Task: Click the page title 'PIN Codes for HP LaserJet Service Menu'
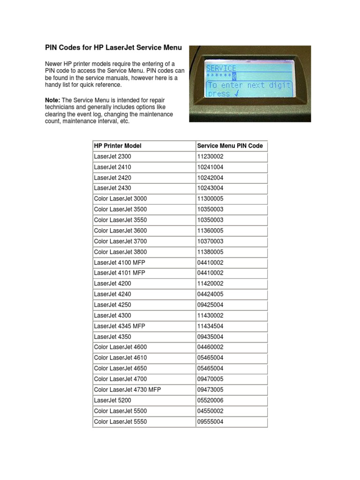pyautogui.click(x=113, y=48)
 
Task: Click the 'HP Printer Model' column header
pyautogui.click(x=118, y=146)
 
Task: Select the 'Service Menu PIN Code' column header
pyautogui.click(x=230, y=146)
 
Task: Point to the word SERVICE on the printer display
pyautogui.click(x=221, y=68)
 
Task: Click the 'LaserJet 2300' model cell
pyautogui.click(x=113, y=157)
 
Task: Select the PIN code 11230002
pyautogui.click(x=210, y=157)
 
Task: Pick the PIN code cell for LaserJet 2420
pyautogui.click(x=210, y=178)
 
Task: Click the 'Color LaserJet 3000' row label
pyautogui.click(x=120, y=199)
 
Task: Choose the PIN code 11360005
pyautogui.click(x=210, y=231)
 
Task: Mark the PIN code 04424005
pyautogui.click(x=210, y=294)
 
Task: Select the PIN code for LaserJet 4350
pyautogui.click(x=210, y=337)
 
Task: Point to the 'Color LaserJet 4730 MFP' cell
pyautogui.click(x=127, y=390)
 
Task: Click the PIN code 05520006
pyautogui.click(x=210, y=400)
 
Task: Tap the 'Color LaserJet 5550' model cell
pyautogui.click(x=120, y=421)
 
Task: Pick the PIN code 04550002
pyautogui.click(x=210, y=411)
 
